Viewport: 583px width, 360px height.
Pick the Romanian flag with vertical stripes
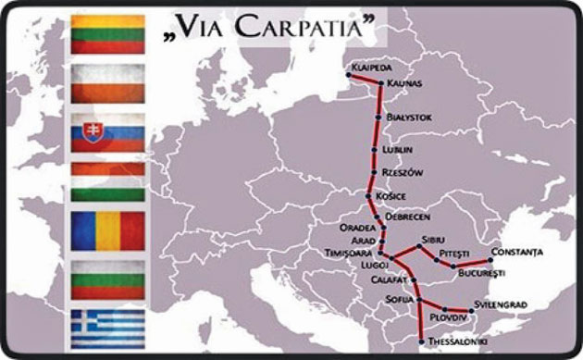coord(107,230)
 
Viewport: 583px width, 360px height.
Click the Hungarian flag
coord(107,182)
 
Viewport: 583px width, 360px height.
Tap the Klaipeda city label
coord(369,68)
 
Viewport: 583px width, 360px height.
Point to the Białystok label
coord(408,118)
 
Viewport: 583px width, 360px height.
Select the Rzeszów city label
coord(402,172)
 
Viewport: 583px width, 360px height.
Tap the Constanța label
coord(517,251)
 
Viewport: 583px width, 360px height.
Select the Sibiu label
coord(432,239)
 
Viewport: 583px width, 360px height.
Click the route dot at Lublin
coord(374,149)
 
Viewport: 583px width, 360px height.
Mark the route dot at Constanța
coord(490,260)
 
